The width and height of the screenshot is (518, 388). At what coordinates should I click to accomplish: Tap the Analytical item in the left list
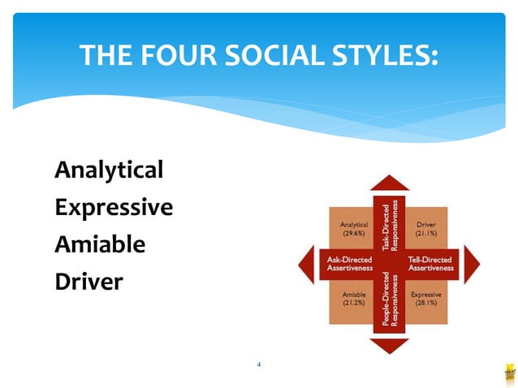109,170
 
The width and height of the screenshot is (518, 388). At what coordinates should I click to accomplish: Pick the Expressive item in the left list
114,207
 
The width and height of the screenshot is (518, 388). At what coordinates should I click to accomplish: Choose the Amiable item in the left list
100,244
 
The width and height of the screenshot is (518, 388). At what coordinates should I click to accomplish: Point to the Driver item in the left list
88,282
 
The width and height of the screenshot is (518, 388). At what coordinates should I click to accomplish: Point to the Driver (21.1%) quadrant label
426,228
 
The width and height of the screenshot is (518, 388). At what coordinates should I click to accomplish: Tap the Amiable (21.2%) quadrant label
353,298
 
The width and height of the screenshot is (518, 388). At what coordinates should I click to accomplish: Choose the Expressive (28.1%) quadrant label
426,298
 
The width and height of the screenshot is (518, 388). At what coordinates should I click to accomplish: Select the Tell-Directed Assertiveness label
430,263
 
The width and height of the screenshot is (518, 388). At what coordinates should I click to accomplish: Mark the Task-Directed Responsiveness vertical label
390,222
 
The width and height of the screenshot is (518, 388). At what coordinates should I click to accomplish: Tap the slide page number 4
258,364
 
